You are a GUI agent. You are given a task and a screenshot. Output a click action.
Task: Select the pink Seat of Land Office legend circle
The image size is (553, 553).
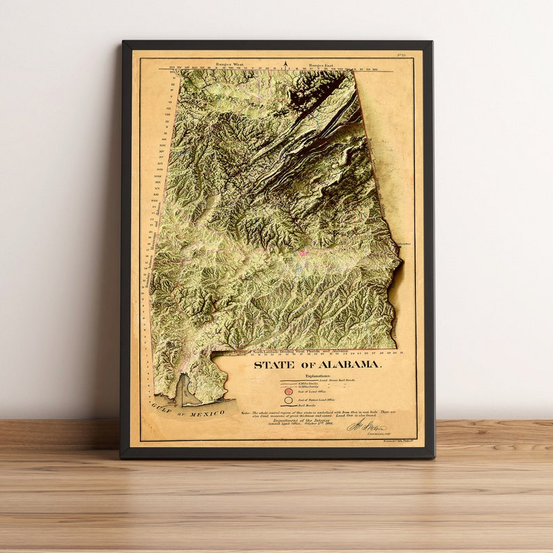288,391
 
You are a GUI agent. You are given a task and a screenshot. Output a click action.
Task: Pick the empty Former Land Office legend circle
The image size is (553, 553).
288,400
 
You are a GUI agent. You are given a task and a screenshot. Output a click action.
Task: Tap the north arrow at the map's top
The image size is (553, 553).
286,65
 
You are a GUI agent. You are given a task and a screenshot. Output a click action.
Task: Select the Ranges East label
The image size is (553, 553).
322,63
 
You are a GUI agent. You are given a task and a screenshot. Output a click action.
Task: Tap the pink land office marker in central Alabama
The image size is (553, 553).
303,254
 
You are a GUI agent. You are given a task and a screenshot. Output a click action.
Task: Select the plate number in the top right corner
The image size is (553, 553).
401,54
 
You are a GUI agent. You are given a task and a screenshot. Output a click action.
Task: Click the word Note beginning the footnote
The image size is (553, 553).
246,412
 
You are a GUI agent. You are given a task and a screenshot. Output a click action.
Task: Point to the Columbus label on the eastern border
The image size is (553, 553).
405,244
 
